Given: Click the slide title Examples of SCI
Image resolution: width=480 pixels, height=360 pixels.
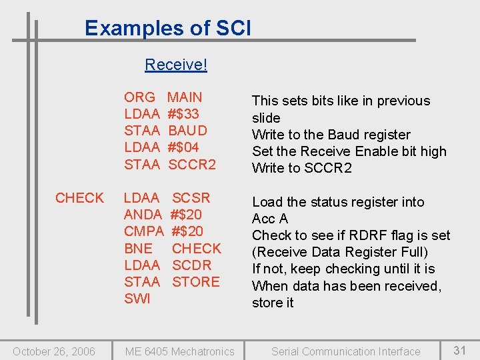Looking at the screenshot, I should pos(168,28).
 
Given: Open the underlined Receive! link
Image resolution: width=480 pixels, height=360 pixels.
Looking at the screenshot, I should pos(176,65).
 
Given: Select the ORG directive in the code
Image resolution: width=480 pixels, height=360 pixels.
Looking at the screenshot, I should pos(139,97).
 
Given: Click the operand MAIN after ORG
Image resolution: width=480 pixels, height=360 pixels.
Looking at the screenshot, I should pos(185,97).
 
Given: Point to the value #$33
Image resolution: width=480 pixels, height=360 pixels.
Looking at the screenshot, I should pos(183,114).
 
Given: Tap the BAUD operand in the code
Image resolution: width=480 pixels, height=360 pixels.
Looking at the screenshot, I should pos(188,131).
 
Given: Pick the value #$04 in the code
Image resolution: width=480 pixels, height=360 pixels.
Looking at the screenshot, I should pos(183,147).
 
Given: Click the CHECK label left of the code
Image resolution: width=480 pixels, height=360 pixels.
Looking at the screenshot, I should pos(79,198).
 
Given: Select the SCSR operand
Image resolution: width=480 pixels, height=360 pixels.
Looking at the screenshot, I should pos(191,198).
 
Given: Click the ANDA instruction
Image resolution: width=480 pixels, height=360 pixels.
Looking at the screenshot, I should pos(143,215).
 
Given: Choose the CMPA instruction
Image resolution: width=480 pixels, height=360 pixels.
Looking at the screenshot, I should pos(143,231).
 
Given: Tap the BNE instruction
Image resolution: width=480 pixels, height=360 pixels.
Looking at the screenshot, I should pos(138,249).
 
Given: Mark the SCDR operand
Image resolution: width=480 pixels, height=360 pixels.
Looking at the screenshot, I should pos(191,265).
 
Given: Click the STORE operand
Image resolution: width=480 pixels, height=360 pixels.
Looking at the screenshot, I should pos(196,282).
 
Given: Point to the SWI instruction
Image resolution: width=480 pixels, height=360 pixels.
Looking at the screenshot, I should pos(137,299).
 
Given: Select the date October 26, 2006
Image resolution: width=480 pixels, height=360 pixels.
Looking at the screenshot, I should pos(54,351).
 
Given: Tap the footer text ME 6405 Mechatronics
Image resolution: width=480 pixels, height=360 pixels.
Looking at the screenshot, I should pos(180,351).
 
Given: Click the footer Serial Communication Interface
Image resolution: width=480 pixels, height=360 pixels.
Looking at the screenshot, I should pos(345,351).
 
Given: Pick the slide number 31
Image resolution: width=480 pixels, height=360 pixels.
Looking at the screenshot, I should pos(460,350).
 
